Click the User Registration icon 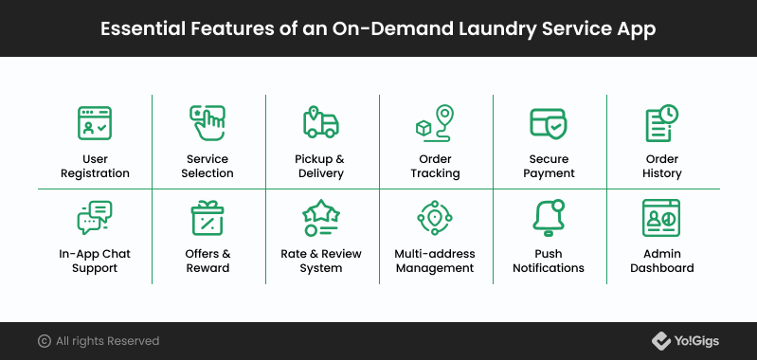[95, 123]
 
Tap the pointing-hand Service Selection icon [207, 123]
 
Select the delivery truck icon [321, 122]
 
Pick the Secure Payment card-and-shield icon [549, 123]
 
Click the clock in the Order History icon [669, 115]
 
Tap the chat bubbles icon [95, 218]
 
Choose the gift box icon [207, 218]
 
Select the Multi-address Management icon [435, 218]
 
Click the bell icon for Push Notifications [549, 218]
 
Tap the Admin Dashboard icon [661, 218]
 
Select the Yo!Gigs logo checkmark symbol [660, 341]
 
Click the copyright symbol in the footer [45, 341]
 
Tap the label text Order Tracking [435, 166]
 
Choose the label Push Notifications [549, 261]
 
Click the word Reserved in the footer [134, 341]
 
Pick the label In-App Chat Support [95, 261]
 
